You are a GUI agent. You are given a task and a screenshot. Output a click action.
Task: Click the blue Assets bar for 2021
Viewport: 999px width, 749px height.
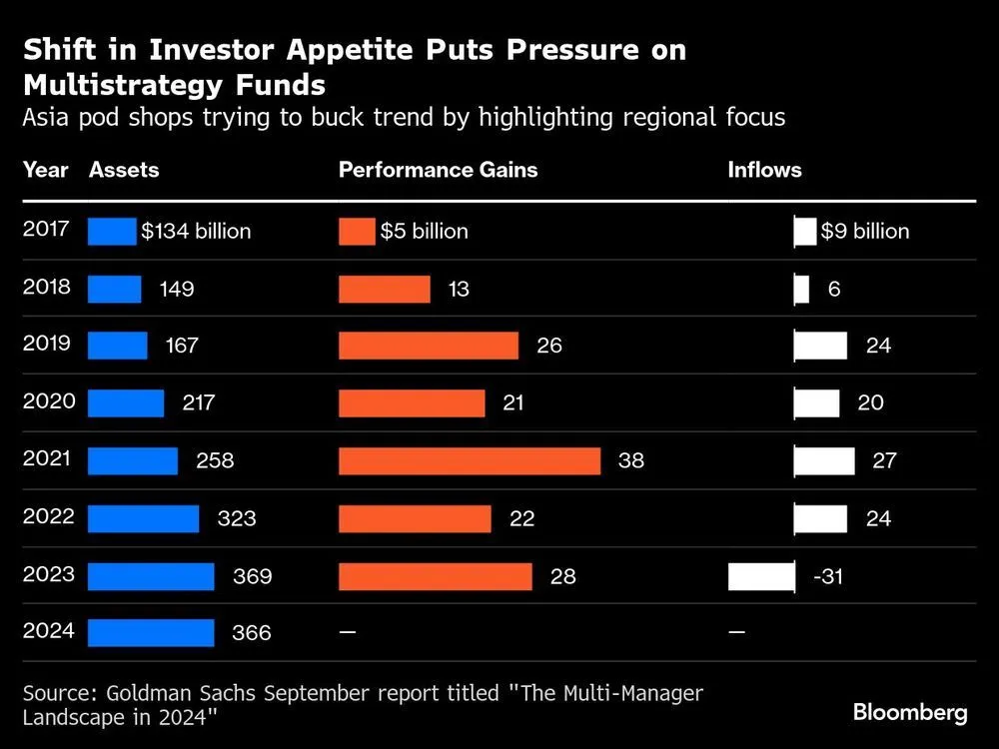pyautogui.click(x=133, y=460)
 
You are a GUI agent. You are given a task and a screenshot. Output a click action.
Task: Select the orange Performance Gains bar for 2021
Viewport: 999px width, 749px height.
pyautogui.click(x=470, y=460)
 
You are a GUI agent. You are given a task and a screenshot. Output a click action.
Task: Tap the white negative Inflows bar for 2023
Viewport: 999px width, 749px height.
pyautogui.click(x=761, y=576)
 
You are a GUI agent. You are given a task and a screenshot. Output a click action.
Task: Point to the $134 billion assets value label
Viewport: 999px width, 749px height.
pyautogui.click(x=196, y=231)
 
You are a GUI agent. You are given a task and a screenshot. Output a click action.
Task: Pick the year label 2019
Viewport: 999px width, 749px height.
pyautogui.click(x=47, y=344)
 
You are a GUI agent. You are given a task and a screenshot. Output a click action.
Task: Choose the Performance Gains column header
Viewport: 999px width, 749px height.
pyautogui.click(x=438, y=170)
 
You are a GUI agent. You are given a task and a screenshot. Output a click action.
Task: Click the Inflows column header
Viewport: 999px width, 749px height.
pyautogui.click(x=764, y=170)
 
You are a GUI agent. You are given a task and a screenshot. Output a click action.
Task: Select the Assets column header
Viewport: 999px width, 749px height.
pyautogui.click(x=124, y=170)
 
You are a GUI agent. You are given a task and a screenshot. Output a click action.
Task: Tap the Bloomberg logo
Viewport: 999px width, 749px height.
pyautogui.click(x=909, y=712)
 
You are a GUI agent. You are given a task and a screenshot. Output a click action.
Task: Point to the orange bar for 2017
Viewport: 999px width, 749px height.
pyautogui.click(x=357, y=231)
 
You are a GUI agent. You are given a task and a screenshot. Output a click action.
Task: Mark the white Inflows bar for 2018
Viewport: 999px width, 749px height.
pyautogui.click(x=801, y=289)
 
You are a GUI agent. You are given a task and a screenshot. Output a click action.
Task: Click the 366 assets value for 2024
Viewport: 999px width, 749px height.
pyautogui.click(x=253, y=633)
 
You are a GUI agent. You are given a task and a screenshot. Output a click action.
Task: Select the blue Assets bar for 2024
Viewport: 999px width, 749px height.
pyautogui.click(x=151, y=633)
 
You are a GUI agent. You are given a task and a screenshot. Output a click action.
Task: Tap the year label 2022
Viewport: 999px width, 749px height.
pyautogui.click(x=47, y=516)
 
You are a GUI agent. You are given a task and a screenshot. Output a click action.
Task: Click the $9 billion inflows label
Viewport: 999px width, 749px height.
pyautogui.click(x=865, y=231)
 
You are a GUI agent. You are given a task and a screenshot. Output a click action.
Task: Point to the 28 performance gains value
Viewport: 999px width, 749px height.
pyautogui.click(x=562, y=576)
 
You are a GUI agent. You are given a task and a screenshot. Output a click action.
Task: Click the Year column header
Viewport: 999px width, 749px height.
pyautogui.click(x=45, y=170)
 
